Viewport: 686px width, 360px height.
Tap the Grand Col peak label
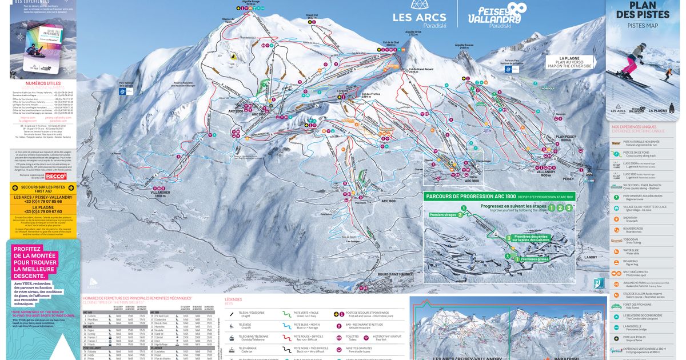coord(312,16)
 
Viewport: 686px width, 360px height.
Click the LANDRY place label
coord(592,257)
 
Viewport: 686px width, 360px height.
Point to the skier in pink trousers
coord(628,63)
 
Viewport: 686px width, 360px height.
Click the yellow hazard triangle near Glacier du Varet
coord(234,56)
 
